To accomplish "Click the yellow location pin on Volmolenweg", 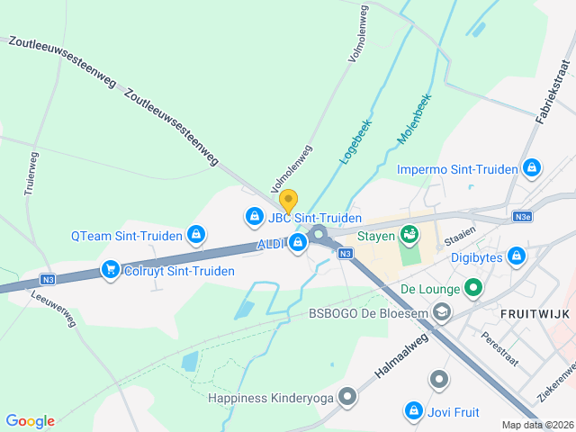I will point(288,200).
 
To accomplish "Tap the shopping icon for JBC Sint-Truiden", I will point(254,217).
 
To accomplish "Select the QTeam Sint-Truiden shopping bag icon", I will point(195,236).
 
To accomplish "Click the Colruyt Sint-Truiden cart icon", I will point(111,269).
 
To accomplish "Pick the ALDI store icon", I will point(297,242).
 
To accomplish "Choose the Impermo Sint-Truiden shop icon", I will point(531,167).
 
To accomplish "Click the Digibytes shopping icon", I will point(516,256).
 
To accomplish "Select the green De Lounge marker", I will point(473,289).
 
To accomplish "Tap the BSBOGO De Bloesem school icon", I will point(441,311).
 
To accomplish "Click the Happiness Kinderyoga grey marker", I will point(346,397).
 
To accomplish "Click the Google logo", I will point(30,420).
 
